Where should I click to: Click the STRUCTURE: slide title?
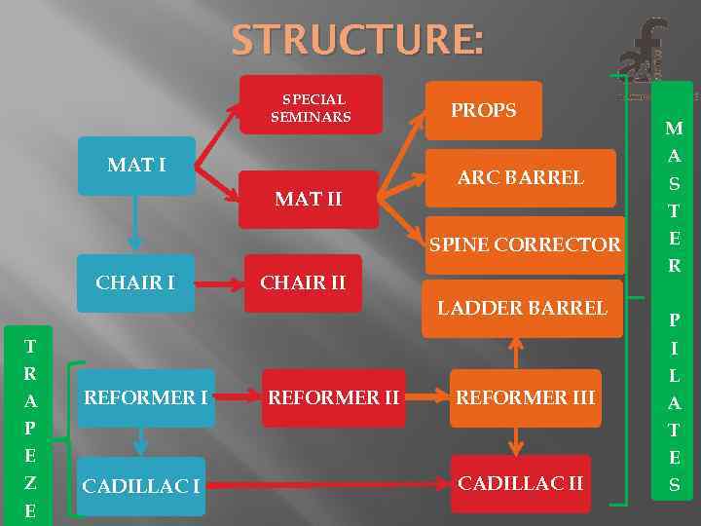coord(356,40)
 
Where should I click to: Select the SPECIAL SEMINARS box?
coord(311,105)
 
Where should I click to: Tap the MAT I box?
coord(136,166)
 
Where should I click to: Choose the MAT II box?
coord(309,199)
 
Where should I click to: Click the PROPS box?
coord(483,110)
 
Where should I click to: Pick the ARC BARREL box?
coord(521,177)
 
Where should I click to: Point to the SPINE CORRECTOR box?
coord(524,244)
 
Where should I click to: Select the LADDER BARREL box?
coord(522,308)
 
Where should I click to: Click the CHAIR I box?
coord(135,282)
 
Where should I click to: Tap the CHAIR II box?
coord(303,282)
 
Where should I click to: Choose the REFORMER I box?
coord(145,397)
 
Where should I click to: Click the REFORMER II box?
coord(334,397)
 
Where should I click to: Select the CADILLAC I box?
coord(141,485)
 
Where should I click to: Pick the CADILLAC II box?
coord(521,483)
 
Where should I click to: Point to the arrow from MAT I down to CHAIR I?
coord(135,223)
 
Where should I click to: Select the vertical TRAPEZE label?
coord(30,428)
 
